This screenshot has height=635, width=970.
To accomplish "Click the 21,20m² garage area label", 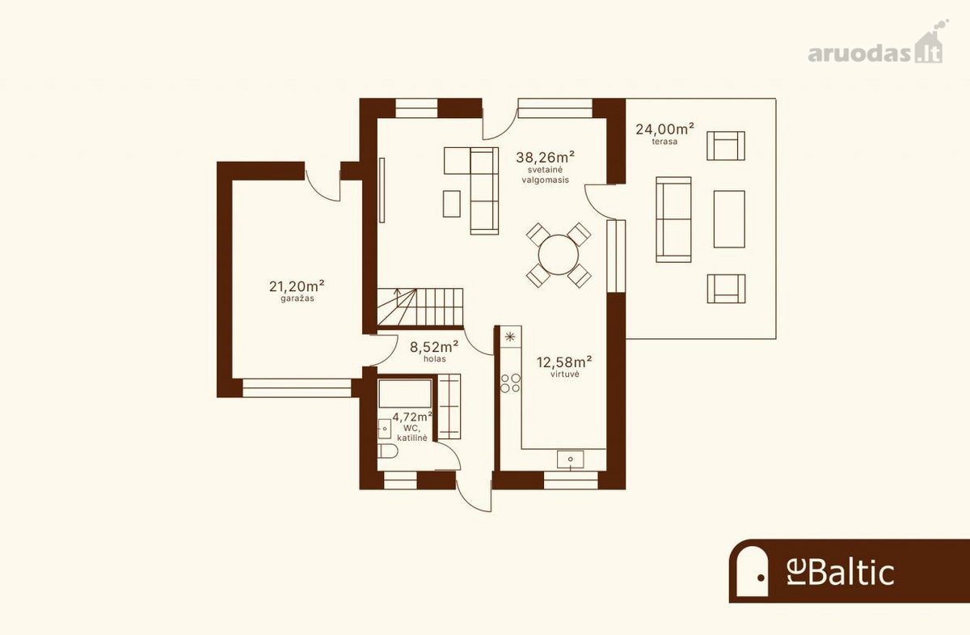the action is pos(297,286).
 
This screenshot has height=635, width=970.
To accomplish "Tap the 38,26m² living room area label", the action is pos(545,156).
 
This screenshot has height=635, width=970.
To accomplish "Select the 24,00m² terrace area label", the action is pos(664,129).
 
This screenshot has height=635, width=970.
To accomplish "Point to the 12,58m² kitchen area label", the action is pos(565,362).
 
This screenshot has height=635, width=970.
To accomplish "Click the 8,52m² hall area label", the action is pos(434,347).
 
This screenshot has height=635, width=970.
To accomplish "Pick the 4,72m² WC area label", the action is pos(412,417).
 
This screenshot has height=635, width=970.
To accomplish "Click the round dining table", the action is pos(559,255).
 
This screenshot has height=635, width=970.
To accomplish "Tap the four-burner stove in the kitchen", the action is pos(511,383).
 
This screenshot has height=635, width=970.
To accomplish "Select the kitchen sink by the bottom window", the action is pos(571,459).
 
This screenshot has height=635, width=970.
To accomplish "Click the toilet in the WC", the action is pos(387,451).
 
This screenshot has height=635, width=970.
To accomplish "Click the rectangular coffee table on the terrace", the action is pos(729,219).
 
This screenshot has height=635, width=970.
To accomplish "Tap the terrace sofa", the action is pos(673,219).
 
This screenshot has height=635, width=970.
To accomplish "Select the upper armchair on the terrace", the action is pos(726,146).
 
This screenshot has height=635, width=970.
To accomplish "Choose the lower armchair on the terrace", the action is pos(726,288).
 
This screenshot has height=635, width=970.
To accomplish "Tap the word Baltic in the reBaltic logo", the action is pos(851,573).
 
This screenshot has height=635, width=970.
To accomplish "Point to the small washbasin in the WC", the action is pos(385,429).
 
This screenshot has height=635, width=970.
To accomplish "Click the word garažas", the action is pos(297,298).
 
